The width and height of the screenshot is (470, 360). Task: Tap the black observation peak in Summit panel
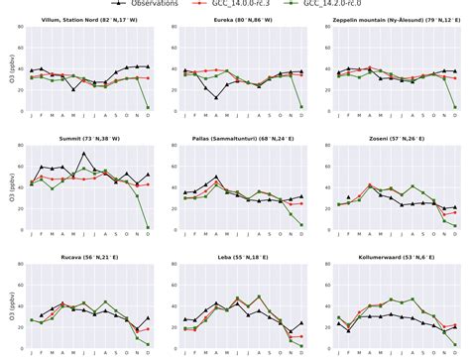click(85, 154)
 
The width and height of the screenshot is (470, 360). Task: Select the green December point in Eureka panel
click(301, 107)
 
